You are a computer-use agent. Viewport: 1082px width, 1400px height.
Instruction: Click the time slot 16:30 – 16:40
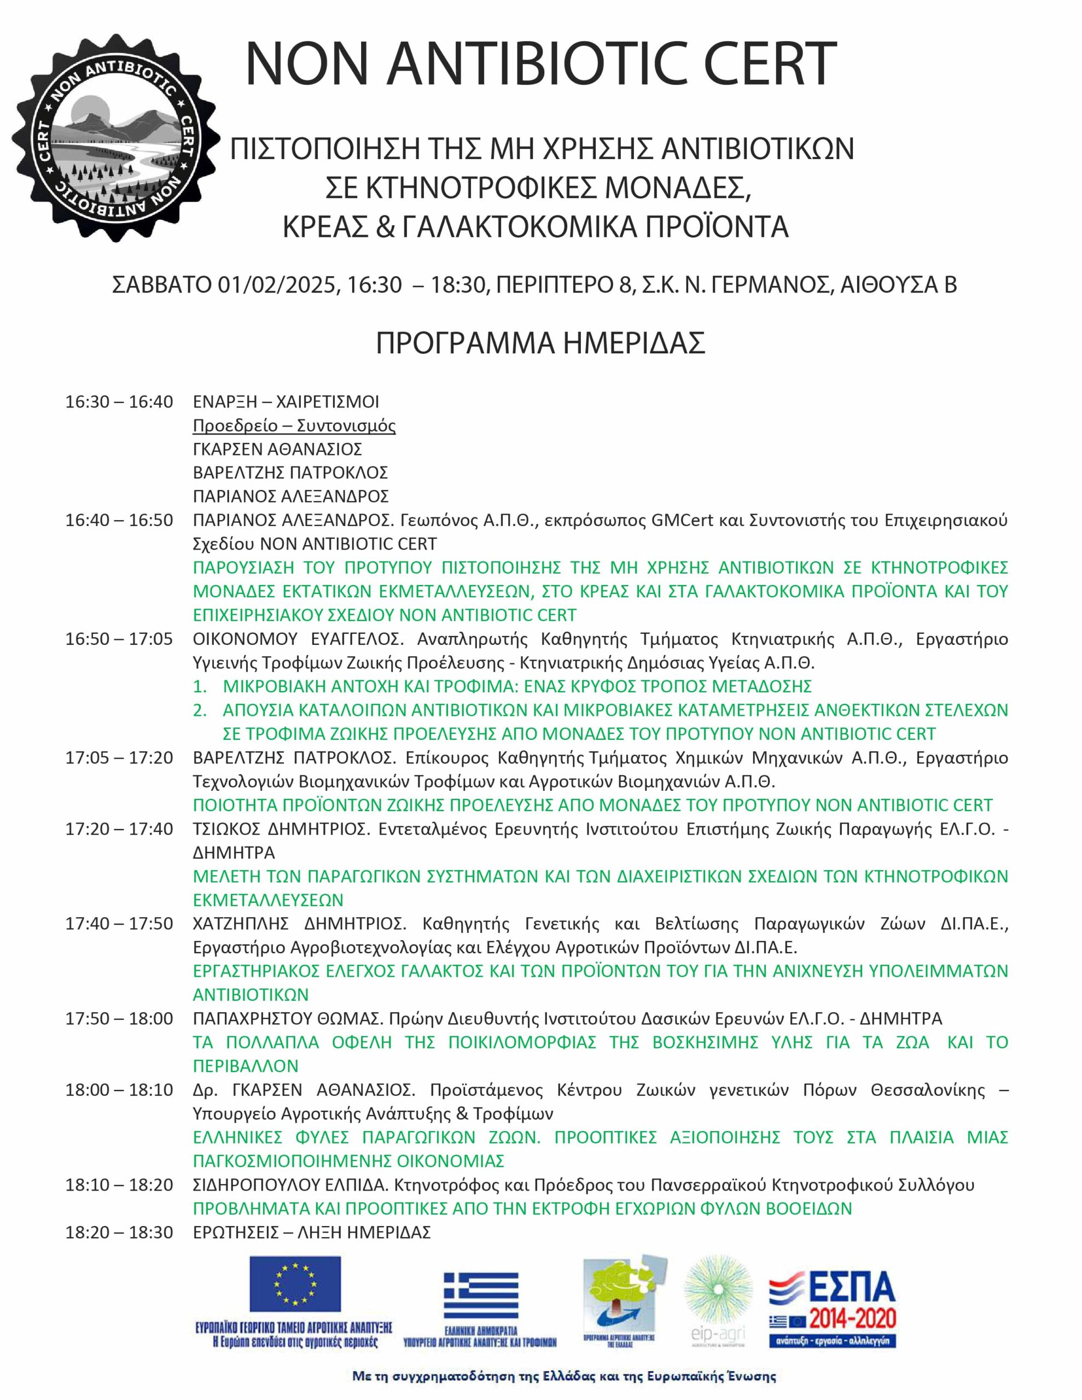119,402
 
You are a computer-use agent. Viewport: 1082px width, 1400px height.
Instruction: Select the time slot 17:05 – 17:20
119,757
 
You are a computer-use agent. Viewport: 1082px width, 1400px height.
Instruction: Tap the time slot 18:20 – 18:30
119,1232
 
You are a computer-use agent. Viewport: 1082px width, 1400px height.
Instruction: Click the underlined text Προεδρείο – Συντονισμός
294,425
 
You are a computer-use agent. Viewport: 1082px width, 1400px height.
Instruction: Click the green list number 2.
200,710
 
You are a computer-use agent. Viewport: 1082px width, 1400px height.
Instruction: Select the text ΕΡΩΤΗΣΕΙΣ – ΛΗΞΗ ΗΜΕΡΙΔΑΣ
312,1232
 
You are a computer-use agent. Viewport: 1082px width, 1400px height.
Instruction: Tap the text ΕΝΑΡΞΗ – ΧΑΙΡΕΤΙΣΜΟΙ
286,402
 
